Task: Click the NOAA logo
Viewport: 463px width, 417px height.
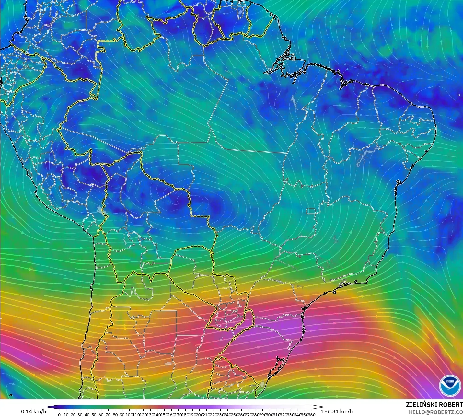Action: pos(450,385)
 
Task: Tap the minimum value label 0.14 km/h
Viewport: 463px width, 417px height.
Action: pos(34,412)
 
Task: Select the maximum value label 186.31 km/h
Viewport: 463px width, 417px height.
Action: pos(337,412)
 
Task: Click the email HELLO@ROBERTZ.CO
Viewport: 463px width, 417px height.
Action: pos(435,412)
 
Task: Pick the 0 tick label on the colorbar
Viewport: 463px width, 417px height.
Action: pos(59,415)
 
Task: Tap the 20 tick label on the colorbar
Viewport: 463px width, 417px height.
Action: pos(73,415)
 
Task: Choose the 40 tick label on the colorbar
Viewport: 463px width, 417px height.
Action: pos(87,415)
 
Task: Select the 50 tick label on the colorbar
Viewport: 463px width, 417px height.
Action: pos(94,415)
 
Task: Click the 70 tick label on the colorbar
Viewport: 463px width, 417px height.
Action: pos(108,415)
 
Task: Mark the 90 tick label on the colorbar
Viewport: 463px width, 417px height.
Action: pos(122,415)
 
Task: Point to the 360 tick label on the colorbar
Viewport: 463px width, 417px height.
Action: pos(311,415)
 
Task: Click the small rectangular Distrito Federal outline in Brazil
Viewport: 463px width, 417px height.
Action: pos(311,212)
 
